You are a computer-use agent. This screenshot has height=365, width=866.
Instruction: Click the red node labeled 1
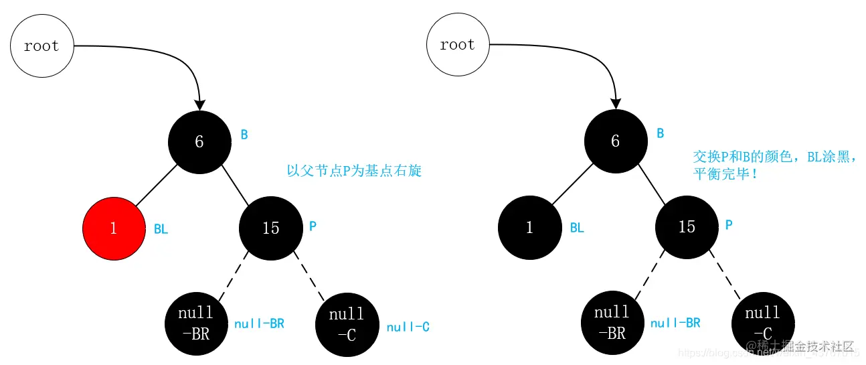tap(113, 228)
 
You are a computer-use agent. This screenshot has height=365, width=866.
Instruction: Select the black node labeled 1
tap(529, 227)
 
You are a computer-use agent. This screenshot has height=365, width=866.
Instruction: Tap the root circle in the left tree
tap(41, 46)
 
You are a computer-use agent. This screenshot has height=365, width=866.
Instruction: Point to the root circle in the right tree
tap(458, 45)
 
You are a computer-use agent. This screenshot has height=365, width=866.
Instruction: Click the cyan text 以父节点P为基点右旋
tap(354, 171)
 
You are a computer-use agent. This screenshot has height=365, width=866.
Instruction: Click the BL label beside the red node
tap(161, 230)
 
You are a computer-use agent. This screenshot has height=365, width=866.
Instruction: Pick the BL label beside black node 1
tap(577, 228)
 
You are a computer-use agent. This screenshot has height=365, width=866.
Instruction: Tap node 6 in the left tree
tap(199, 141)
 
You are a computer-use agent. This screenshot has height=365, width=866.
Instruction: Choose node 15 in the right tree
tap(687, 226)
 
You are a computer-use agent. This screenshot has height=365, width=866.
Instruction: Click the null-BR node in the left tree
tap(195, 323)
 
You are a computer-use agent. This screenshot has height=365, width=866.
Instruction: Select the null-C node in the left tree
tap(347, 324)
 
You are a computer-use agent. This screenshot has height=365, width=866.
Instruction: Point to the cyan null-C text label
tap(408, 327)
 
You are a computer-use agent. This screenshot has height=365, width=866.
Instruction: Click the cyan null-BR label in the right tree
tap(675, 323)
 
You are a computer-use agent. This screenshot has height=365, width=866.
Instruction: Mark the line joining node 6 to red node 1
tap(156, 184)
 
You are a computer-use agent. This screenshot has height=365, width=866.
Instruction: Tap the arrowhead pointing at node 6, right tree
tap(615, 104)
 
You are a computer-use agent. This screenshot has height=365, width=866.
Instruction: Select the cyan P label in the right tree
tap(729, 224)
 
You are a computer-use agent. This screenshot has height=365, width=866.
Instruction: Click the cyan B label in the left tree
tap(244, 135)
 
